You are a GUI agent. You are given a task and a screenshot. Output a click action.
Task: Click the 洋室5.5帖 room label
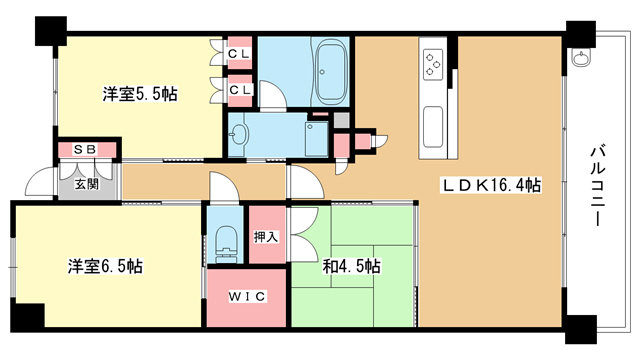tap(140, 95)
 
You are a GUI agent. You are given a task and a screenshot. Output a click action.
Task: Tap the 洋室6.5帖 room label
tap(104, 267)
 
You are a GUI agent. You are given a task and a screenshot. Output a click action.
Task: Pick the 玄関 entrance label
tap(85, 183)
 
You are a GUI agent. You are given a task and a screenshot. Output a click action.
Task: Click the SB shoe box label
tap(85, 150)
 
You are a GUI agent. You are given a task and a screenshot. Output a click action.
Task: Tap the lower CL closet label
tap(239, 90)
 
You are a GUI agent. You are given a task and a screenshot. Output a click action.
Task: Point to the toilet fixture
tap(226, 241)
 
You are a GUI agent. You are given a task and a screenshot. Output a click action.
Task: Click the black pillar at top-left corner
tap(46, 31)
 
